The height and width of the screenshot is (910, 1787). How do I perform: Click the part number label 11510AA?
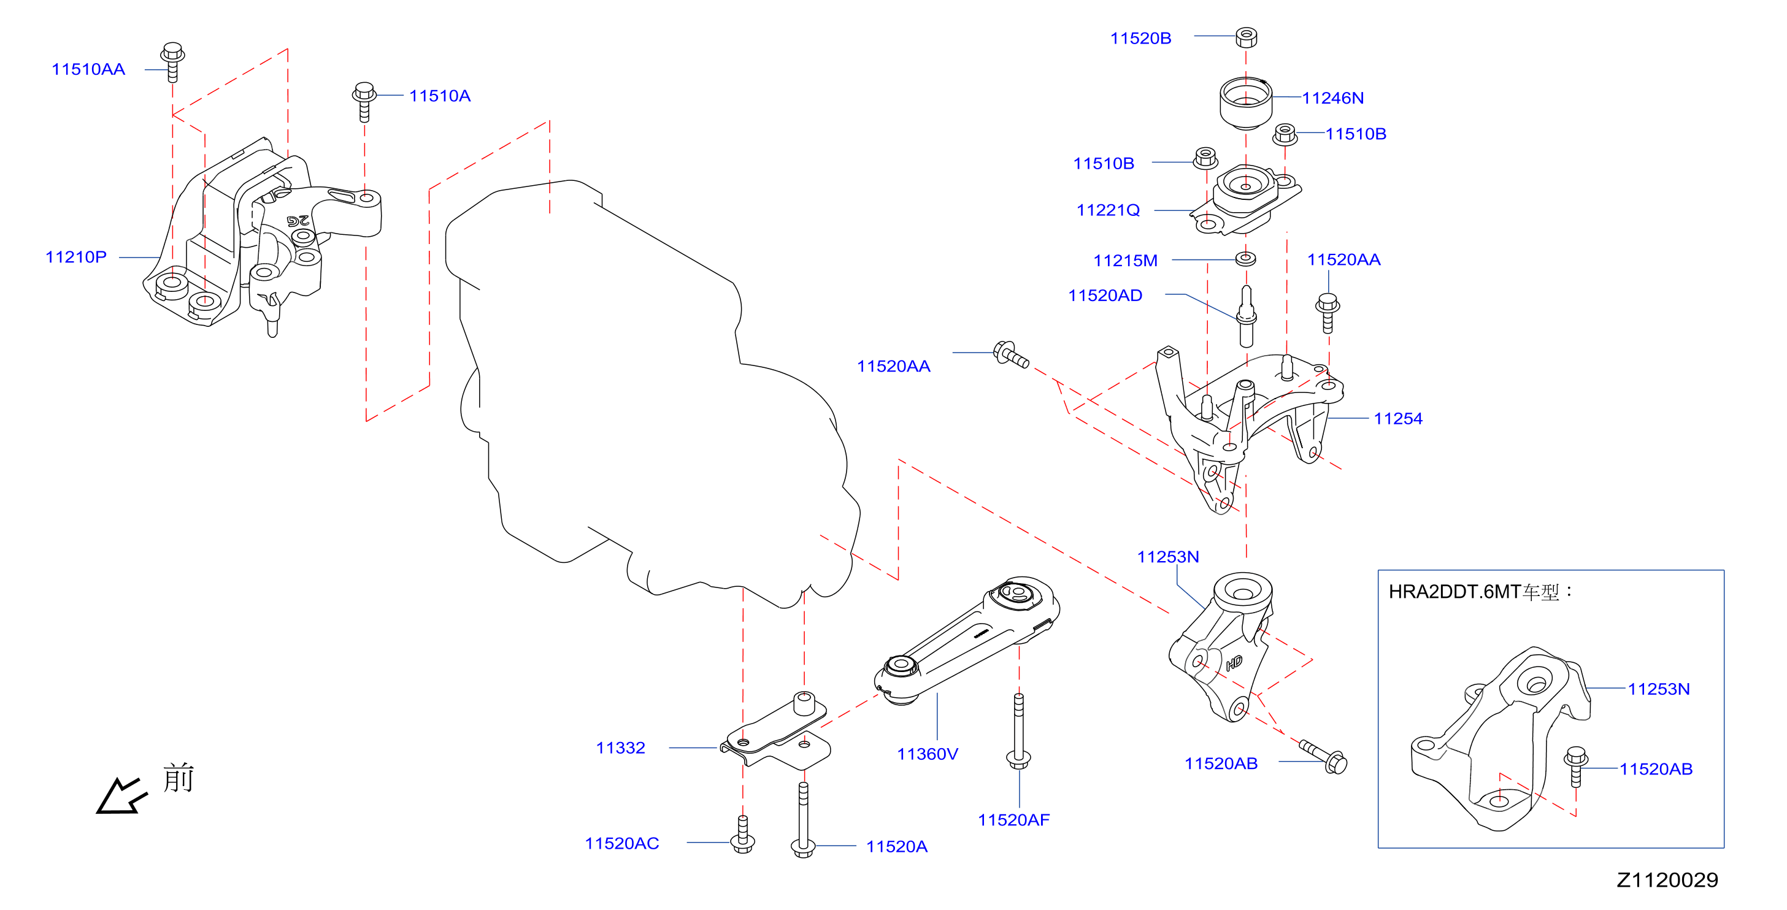pos(88,69)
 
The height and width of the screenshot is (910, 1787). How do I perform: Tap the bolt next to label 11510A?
pos(364,101)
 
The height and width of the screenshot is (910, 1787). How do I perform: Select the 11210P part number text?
pos(75,258)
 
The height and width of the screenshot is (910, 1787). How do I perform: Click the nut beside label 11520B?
pos(1246,37)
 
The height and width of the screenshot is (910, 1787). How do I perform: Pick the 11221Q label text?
pos(1108,210)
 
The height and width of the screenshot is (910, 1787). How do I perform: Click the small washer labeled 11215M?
pos(1246,259)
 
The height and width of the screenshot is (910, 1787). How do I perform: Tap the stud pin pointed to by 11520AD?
pos(1246,316)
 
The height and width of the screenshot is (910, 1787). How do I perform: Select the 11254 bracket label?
pos(1398,418)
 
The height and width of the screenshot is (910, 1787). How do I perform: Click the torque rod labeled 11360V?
pos(967,640)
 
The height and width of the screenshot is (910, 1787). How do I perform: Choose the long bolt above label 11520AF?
pos(1018,731)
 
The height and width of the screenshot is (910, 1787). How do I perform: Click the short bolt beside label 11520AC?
pos(743,835)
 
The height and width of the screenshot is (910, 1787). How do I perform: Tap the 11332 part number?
pos(620,747)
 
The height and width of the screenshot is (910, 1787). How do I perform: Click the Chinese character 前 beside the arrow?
pos(179,778)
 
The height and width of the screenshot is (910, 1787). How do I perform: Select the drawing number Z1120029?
pos(1667,880)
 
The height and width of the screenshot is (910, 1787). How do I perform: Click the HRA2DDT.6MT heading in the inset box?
pos(1455,592)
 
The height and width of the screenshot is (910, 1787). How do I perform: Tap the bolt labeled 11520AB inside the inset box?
pos(1576,767)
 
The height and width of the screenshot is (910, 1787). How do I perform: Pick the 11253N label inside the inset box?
pos(1659,689)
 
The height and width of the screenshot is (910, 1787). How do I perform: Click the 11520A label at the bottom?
pos(896,846)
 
